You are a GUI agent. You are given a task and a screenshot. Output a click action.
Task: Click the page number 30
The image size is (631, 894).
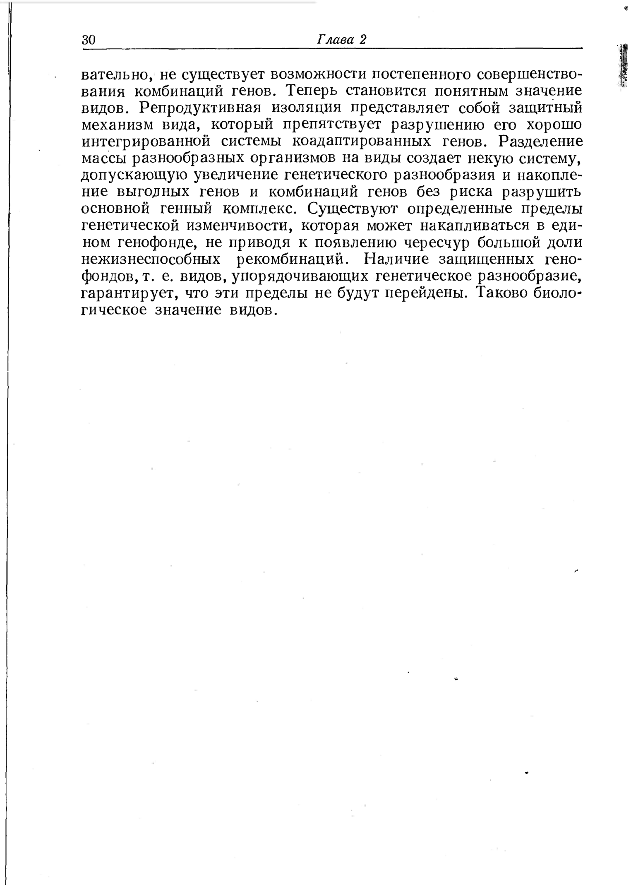click(89, 40)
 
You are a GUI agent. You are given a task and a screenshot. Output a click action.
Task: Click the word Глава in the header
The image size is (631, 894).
click(335, 40)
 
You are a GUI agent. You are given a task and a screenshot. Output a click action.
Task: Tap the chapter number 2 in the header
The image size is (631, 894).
click(363, 40)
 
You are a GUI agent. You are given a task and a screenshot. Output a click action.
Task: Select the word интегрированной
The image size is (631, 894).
click(146, 142)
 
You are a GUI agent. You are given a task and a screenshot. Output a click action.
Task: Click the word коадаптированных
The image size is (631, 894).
click(362, 142)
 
